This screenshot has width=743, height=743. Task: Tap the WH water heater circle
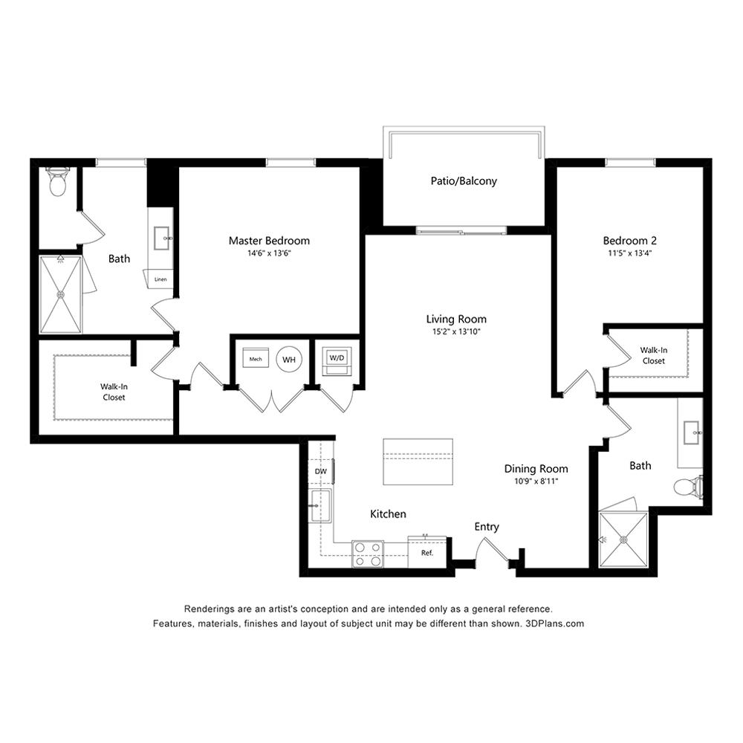pos(289,359)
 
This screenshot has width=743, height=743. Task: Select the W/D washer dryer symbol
pos(337,362)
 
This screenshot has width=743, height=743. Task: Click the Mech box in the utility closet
pos(256,359)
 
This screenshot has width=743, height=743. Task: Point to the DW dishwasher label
pos(321,472)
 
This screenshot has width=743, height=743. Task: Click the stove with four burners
pos(368,554)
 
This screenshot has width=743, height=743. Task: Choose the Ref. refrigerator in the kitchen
pos(427,552)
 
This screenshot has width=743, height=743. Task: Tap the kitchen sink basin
pos(320,505)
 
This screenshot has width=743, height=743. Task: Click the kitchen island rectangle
pos(418,461)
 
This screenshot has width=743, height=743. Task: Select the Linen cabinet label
pos(160,279)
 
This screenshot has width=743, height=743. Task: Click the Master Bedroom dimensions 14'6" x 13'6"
pos(269,253)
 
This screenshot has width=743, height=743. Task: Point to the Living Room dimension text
pos(456,331)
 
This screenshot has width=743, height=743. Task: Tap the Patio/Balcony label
pos(464,181)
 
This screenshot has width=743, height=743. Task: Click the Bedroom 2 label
pos(630,241)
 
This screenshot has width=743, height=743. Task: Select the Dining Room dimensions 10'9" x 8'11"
pos(536,481)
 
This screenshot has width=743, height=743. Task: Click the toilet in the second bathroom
pos(689,487)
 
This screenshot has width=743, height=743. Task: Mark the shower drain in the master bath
pos(61,295)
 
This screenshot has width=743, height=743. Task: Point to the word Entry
pos(487,527)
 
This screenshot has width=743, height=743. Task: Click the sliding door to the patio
pos(461,231)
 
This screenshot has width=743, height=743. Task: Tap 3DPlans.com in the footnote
pos(555,623)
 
